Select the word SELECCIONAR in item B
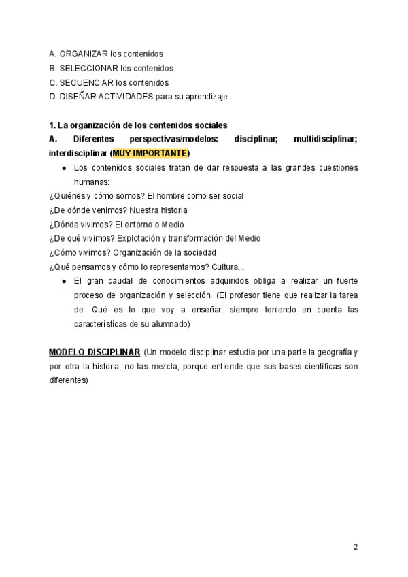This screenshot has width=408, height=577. point(88,68)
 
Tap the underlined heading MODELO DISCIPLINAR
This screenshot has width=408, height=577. point(95,352)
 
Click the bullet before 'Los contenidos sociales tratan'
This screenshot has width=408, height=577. point(63,167)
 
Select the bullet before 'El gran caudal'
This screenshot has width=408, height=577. point(63,281)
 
